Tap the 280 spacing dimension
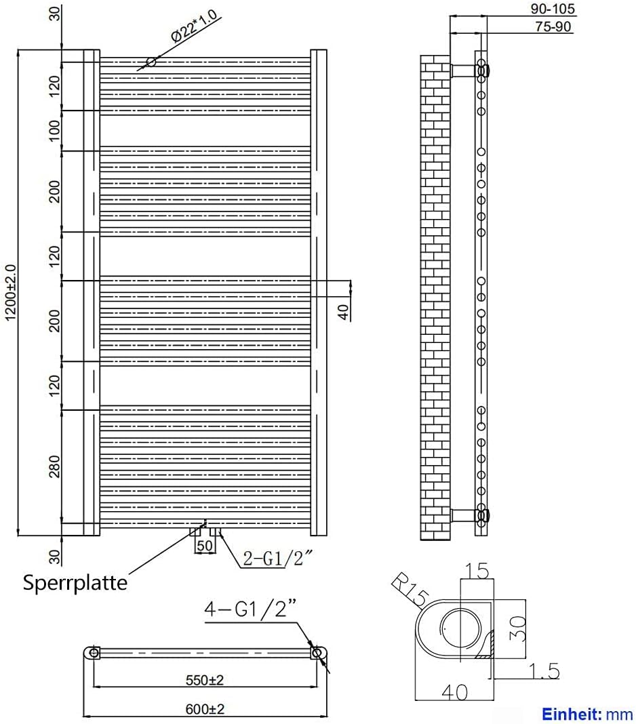[x=55, y=466]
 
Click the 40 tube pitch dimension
[x=343, y=312]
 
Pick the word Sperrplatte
[x=75, y=582]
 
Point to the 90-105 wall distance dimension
[x=552, y=9]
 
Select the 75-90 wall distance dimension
[x=552, y=26]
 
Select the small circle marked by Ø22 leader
[x=151, y=62]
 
